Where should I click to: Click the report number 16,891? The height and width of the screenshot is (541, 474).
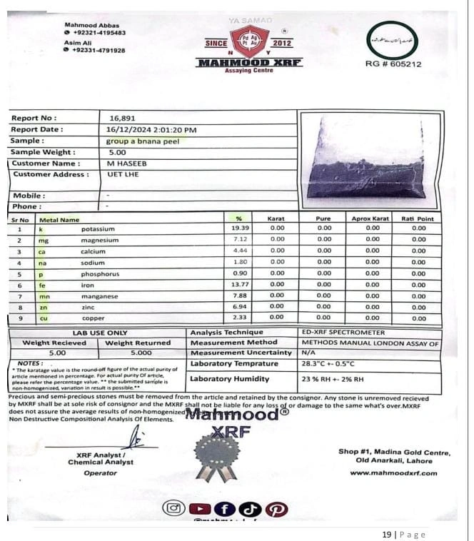(x=121, y=118)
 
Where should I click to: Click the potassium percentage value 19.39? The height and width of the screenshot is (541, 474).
(x=240, y=229)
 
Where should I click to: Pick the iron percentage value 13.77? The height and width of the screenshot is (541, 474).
(x=240, y=285)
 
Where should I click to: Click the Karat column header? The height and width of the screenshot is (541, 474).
(x=276, y=218)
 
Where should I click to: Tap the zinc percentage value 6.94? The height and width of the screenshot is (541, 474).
(x=240, y=307)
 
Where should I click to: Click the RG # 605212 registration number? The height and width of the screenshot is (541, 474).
(x=393, y=64)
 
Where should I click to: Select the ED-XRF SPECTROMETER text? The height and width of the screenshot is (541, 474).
(x=343, y=333)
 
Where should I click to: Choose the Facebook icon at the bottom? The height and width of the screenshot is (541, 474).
(x=224, y=509)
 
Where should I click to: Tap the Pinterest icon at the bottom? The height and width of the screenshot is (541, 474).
(x=276, y=509)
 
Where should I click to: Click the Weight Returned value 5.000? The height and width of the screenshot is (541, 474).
(x=141, y=353)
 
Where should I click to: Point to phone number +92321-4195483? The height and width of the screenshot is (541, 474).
(x=99, y=33)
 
